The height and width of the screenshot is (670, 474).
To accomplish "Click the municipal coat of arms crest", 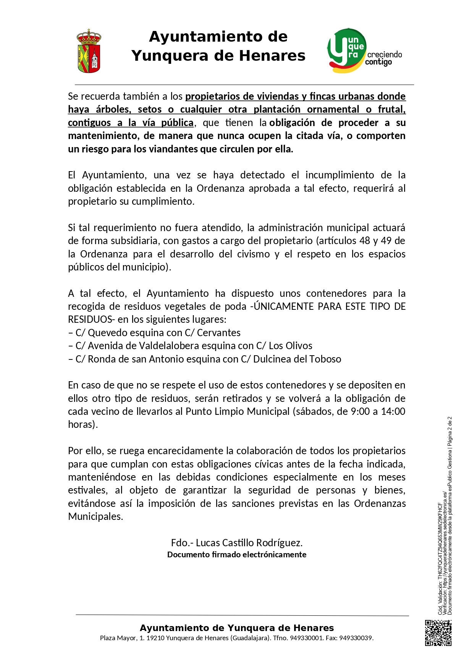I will [x=89, y=51].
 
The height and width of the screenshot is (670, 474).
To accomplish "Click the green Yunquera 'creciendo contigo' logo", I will [x=364, y=51].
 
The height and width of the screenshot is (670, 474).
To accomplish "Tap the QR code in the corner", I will [x=438, y=633].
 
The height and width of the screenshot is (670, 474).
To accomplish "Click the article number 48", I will [x=365, y=241].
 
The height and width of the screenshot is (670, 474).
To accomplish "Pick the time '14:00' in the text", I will [x=393, y=411].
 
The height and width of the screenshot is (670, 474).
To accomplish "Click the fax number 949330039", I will [x=356, y=638].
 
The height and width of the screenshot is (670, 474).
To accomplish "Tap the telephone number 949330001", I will [x=307, y=638].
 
